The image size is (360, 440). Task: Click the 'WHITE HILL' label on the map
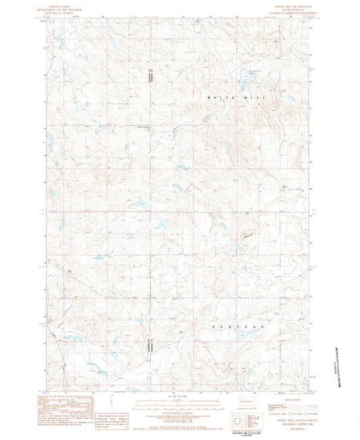tap(237, 98)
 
